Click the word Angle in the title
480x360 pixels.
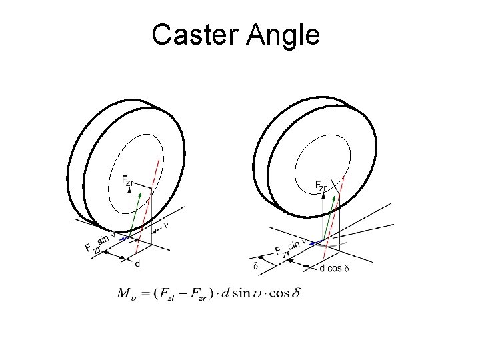(283, 35)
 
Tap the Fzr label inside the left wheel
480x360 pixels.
(127, 181)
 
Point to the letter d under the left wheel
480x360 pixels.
(137, 264)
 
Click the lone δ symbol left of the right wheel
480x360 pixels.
(256, 266)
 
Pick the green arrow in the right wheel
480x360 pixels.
(333, 213)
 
